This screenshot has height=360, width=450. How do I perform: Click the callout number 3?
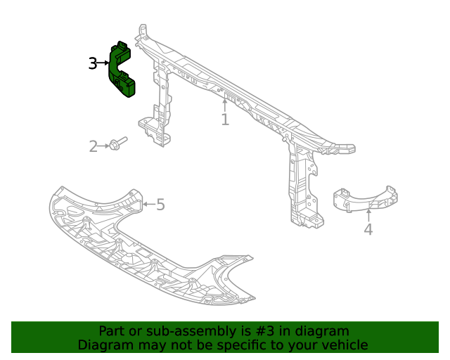(93, 63)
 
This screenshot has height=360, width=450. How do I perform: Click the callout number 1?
(225, 120)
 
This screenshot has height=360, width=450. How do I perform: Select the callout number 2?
(93, 146)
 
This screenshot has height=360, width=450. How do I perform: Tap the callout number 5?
(160, 205)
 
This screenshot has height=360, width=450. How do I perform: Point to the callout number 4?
(368, 229)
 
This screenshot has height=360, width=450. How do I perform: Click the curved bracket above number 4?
(365, 198)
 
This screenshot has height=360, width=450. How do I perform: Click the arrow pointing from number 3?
(104, 63)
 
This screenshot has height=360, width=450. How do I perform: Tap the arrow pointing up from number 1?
(225, 105)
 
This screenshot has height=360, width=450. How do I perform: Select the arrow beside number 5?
(148, 205)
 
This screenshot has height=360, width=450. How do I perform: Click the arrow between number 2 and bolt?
(104, 146)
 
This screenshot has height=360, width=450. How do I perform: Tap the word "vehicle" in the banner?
(344, 345)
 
